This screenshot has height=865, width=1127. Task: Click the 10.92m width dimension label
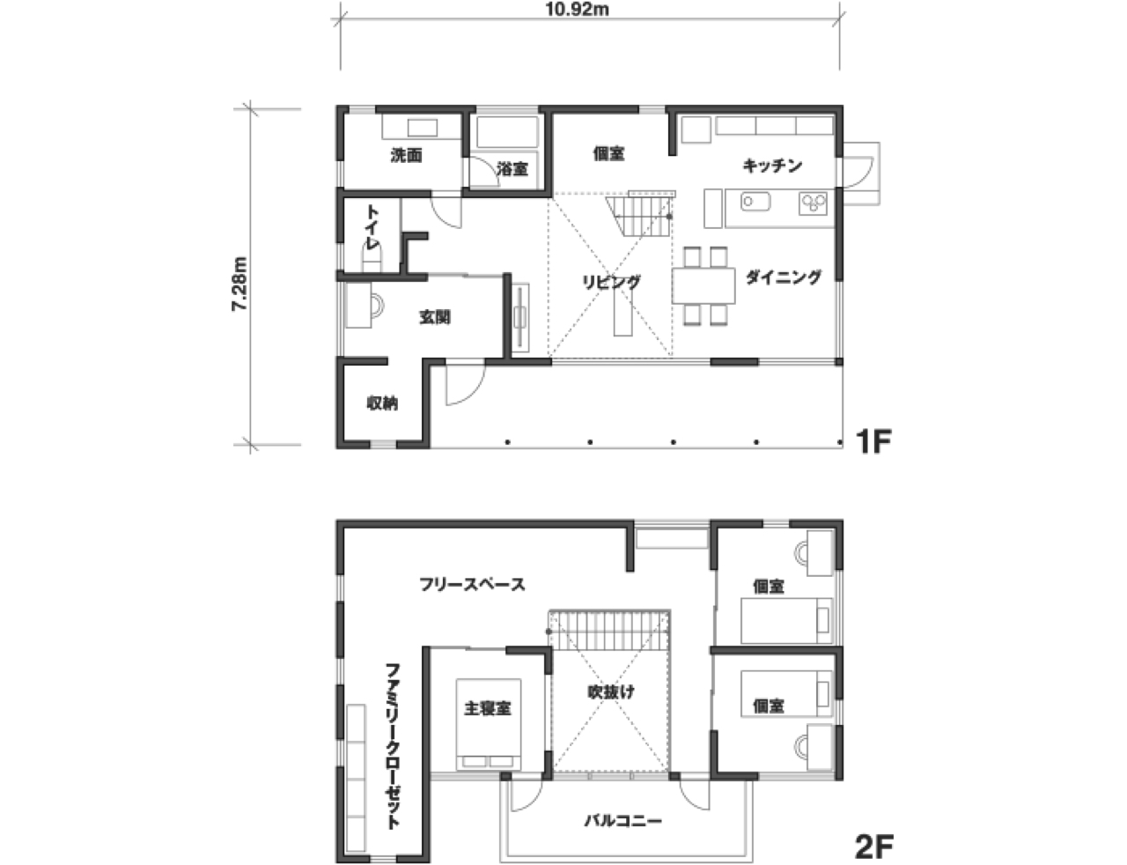(577, 10)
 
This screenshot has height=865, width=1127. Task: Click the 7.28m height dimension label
(239, 284)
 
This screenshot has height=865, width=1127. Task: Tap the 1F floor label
(873, 441)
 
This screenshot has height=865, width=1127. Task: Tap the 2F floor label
(873, 847)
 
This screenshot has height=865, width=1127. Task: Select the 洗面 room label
(406, 155)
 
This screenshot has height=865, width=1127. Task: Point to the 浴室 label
(512, 168)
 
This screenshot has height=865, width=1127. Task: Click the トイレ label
(372, 226)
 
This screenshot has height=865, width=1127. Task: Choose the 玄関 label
(435, 317)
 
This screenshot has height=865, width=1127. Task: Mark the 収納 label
(383, 403)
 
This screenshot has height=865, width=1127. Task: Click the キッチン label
(772, 166)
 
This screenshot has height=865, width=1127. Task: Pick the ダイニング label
(783, 277)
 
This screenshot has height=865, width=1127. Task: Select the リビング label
(611, 282)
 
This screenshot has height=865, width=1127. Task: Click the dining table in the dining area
(703, 285)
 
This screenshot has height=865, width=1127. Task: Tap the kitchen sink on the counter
(755, 202)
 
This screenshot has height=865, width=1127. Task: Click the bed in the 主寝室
(488, 725)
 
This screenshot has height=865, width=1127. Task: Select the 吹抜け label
(610, 691)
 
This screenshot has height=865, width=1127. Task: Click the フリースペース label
(472, 585)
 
